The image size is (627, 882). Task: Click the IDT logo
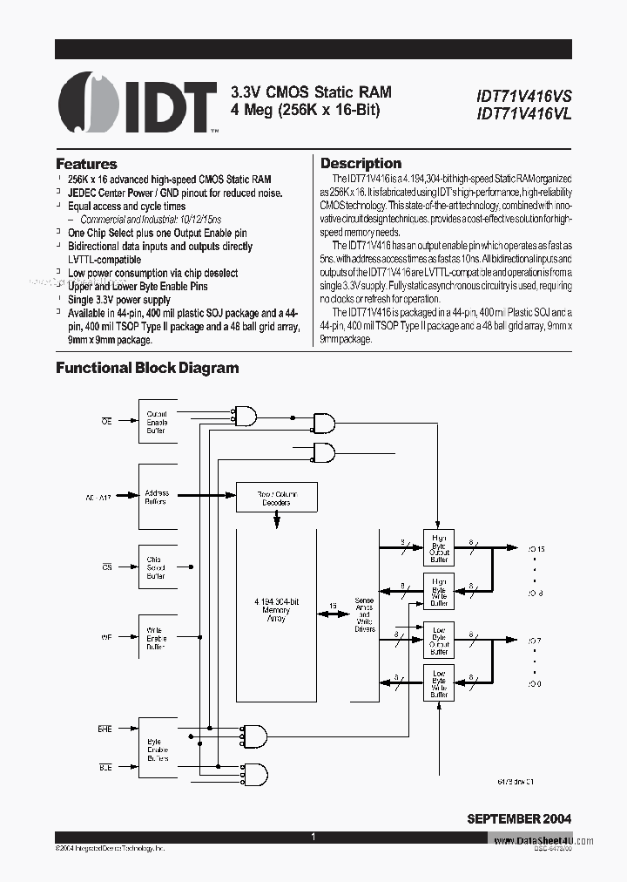tap(137, 104)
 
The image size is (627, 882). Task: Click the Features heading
tap(86, 164)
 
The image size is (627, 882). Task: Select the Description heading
tap(361, 163)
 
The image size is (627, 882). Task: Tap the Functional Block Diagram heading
tap(147, 368)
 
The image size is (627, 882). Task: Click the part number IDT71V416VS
tap(523, 97)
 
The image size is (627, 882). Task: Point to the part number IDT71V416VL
tap(523, 113)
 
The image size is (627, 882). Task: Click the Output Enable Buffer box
tap(157, 421)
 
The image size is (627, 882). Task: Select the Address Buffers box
tap(157, 498)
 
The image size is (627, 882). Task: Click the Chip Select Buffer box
tap(157, 567)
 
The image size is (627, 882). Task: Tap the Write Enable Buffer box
tap(157, 637)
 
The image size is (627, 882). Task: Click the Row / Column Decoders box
tap(277, 498)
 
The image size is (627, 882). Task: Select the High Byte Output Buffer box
tap(439, 550)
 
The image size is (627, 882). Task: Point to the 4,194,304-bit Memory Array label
tap(276, 610)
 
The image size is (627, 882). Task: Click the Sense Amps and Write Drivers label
tap(365, 614)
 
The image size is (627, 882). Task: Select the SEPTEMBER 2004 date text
tap(519, 818)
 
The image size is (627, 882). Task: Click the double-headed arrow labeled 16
tap(333, 614)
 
